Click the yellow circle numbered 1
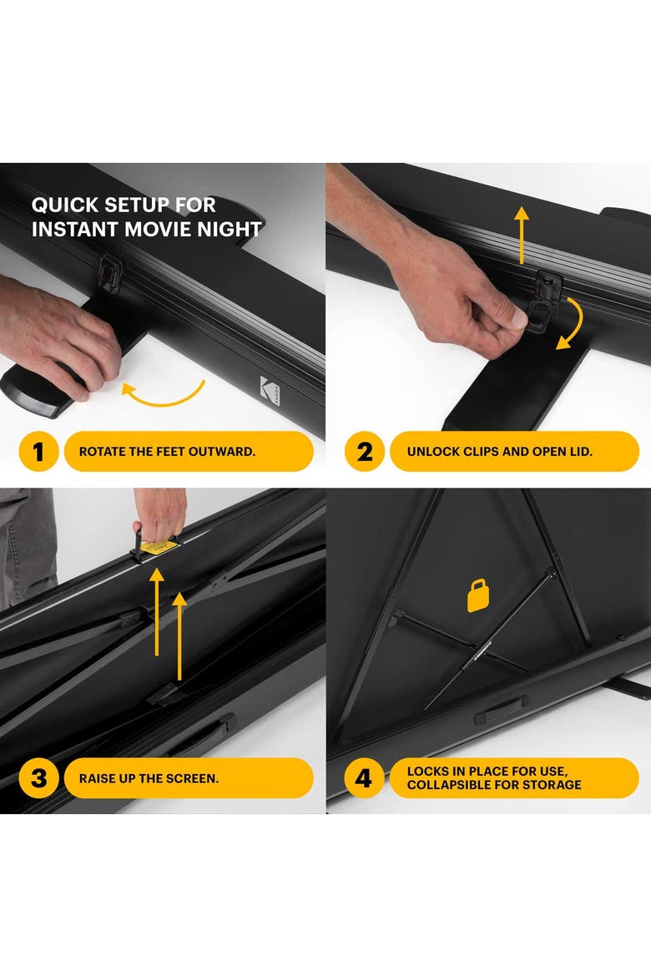(38, 451)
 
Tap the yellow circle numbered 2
(365, 451)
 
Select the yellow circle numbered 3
(38, 777)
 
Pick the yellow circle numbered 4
(365, 777)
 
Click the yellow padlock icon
(477, 595)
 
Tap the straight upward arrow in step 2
(522, 235)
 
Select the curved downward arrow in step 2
(571, 323)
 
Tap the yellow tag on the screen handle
(156, 547)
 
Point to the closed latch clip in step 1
(110, 274)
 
